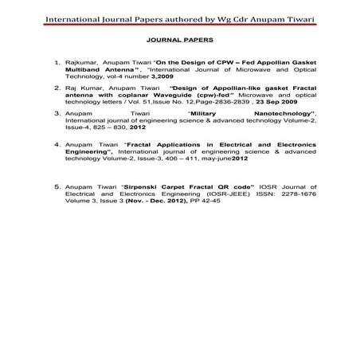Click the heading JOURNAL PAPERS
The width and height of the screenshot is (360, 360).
pyautogui.click(x=178, y=37)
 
